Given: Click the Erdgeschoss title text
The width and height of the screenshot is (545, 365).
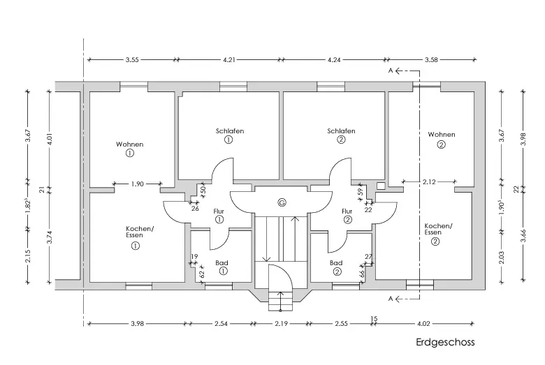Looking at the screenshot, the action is [444, 343].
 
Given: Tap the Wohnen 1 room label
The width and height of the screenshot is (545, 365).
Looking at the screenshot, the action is [129, 144].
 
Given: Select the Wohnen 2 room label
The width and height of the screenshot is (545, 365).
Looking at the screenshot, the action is [442, 135].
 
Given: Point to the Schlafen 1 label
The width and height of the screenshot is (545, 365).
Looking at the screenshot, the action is [229, 131].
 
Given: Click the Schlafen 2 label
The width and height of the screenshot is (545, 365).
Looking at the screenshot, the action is [341, 131].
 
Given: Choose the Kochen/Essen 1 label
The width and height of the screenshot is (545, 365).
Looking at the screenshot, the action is [139, 232].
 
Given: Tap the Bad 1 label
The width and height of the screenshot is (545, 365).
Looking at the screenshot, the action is [221, 263].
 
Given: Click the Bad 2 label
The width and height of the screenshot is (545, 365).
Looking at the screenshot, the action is [336, 263].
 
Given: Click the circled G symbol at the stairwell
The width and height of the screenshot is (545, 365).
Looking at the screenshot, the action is [282, 203].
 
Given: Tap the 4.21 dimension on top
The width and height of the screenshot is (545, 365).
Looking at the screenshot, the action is [229, 61].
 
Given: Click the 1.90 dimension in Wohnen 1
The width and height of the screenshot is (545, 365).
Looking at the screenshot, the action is [137, 184].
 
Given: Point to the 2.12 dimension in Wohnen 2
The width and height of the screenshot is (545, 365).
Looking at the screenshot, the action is [429, 181].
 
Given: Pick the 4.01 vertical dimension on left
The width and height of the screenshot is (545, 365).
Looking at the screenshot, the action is [50, 139].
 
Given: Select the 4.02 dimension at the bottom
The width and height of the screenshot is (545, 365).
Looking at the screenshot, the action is [424, 324].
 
